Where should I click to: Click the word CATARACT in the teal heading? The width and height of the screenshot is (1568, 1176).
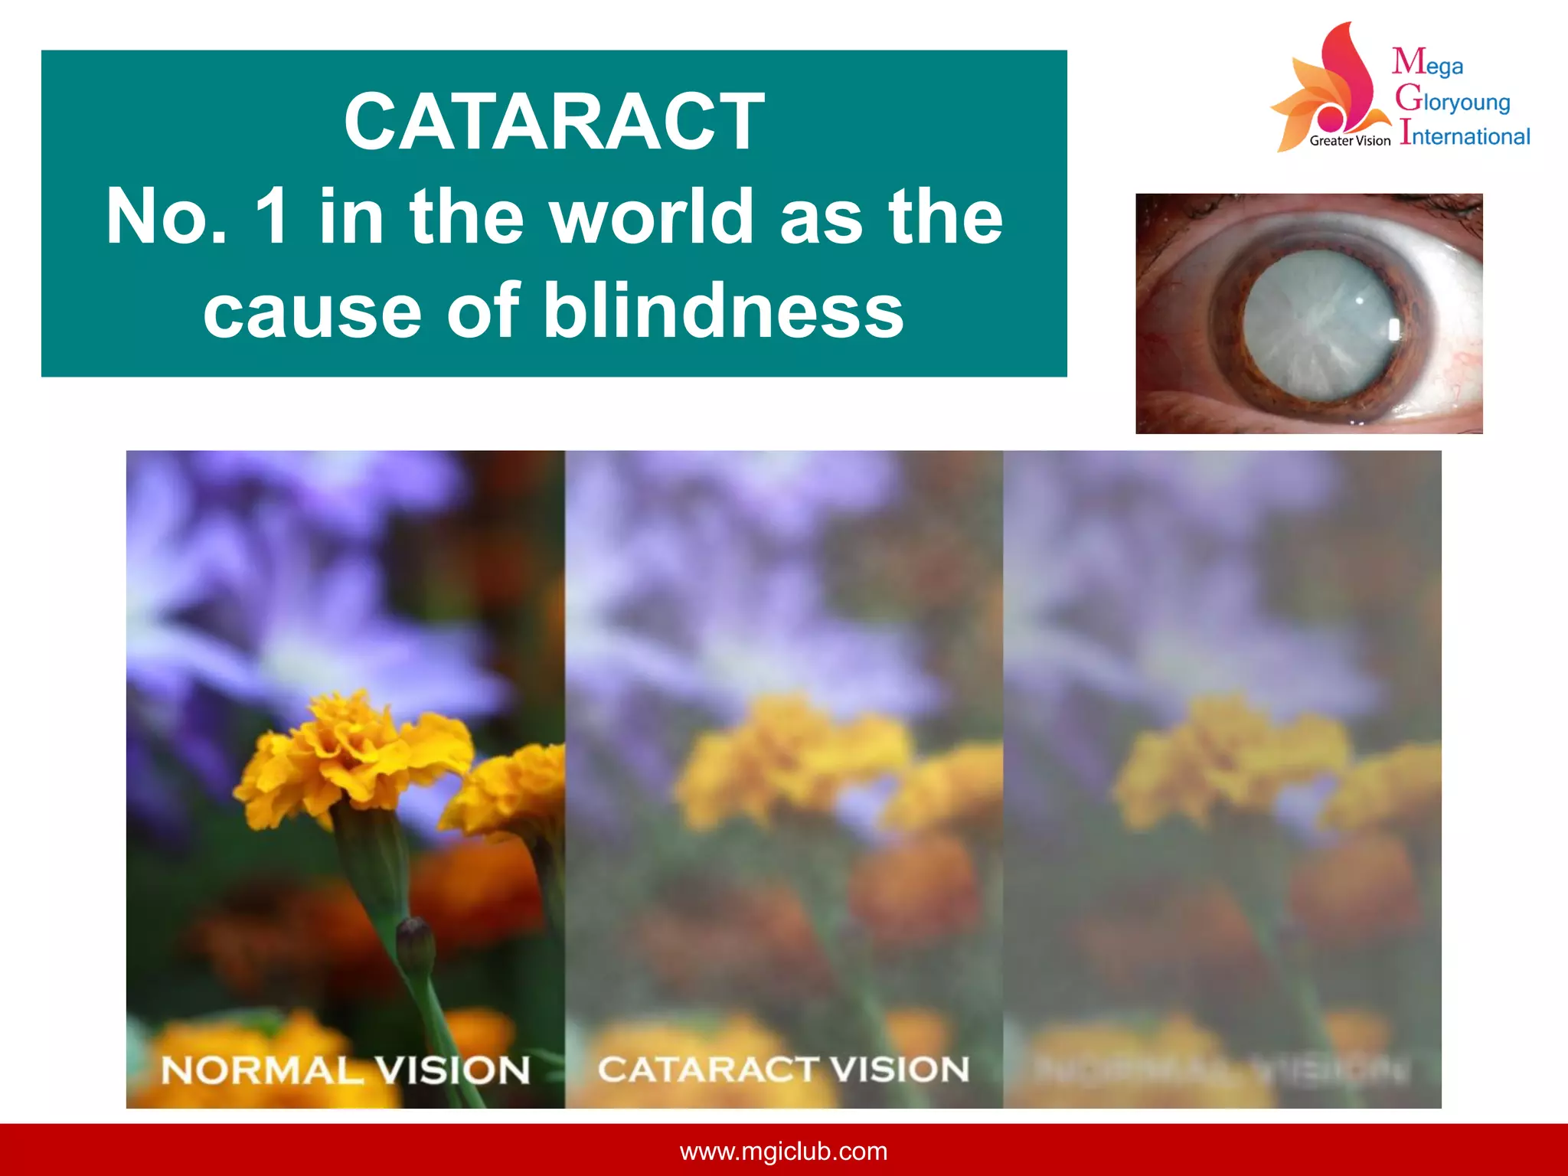tap(554, 122)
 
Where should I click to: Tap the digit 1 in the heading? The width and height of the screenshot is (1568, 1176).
tap(273, 217)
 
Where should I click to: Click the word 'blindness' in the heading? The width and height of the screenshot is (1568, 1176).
tap(723, 311)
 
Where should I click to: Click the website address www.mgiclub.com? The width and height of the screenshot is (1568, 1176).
tap(783, 1151)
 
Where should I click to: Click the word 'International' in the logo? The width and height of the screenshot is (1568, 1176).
tap(1465, 136)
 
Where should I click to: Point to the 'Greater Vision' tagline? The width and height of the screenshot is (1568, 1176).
tap(1349, 141)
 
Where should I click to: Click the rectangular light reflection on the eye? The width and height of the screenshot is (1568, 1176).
tap(1394, 329)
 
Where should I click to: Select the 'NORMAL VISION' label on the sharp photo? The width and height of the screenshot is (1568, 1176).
tap(345, 1070)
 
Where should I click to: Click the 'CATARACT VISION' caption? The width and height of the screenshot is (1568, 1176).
tap(783, 1069)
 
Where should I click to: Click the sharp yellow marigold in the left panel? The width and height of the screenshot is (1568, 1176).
tap(352, 754)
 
